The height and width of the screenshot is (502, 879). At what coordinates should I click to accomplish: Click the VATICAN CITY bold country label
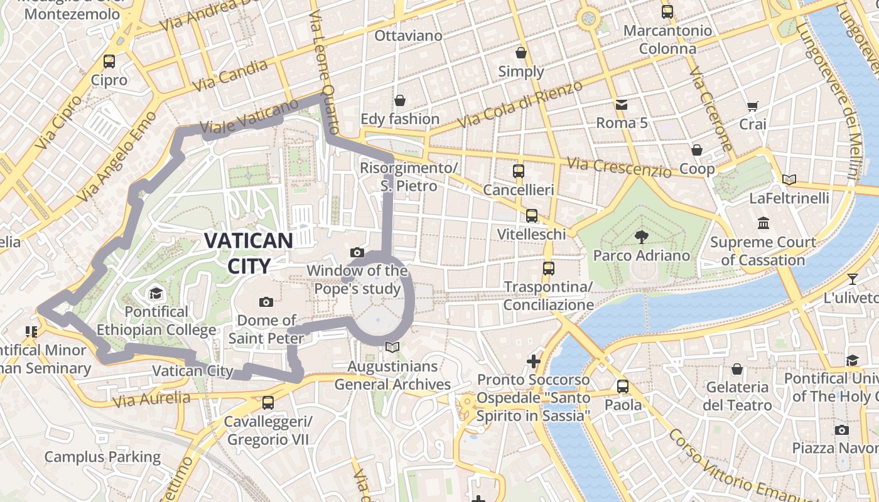point(249,253)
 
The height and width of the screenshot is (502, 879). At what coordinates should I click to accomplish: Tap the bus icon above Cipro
point(109,61)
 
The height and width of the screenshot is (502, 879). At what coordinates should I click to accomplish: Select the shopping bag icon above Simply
point(520,53)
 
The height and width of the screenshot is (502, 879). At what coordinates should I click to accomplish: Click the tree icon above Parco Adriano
point(641,237)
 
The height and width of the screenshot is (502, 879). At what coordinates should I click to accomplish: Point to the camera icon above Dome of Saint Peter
point(266,302)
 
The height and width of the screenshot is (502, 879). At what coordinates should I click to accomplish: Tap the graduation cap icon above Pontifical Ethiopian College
point(156,293)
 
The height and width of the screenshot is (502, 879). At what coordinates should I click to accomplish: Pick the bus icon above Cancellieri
point(518,171)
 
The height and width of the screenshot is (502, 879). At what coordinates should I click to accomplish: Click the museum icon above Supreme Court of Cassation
point(763,223)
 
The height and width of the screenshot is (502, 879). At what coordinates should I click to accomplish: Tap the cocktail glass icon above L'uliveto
point(852,279)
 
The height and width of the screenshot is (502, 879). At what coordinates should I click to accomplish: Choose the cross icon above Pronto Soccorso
point(533,361)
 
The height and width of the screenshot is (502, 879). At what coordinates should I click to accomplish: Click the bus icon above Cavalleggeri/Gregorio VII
point(268,402)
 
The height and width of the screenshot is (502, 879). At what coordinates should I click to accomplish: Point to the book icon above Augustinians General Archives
point(392,347)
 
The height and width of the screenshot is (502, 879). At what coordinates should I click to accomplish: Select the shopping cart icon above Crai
point(752,106)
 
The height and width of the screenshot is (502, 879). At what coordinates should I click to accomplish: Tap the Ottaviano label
point(408,36)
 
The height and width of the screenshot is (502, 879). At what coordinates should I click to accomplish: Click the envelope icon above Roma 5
point(621,104)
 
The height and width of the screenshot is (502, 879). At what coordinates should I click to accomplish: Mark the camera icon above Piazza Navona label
point(841,430)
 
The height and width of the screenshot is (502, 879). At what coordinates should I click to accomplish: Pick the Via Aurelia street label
point(151,399)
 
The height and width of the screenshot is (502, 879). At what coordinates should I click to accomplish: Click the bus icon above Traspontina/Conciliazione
point(548,268)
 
